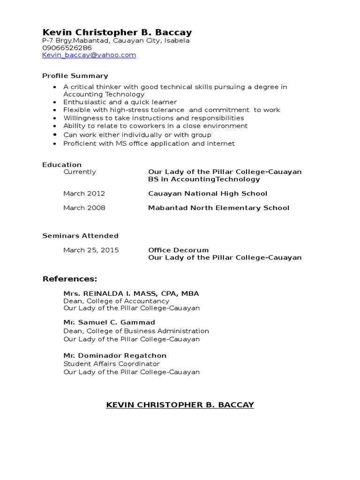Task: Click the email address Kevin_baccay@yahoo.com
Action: (89, 55)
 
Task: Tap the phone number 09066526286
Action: (67, 48)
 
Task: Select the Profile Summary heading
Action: (75, 76)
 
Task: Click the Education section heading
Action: (62, 165)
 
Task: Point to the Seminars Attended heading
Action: (80, 236)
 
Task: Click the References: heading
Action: (70, 279)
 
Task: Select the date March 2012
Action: (84, 194)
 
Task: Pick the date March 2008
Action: (84, 208)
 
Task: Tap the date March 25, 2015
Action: (91, 250)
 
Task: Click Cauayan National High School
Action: (208, 194)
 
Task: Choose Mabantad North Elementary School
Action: (218, 208)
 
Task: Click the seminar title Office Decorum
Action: (178, 250)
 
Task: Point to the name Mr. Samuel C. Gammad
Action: (109, 322)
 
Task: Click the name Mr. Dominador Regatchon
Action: (115, 356)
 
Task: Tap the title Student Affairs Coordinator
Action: (112, 364)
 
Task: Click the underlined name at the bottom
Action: (180, 405)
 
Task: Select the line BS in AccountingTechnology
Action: (204, 179)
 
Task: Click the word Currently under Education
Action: (80, 172)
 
